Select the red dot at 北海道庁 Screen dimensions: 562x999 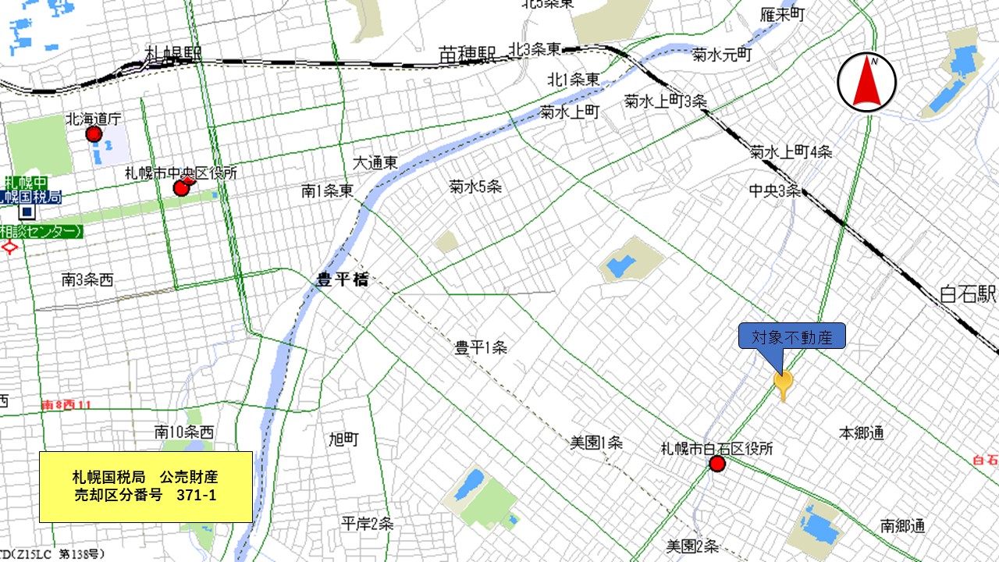click(x=94, y=134)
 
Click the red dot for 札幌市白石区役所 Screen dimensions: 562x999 click(x=717, y=465)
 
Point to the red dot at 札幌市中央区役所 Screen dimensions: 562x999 click(x=181, y=187)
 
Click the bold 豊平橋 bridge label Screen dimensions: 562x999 click(x=342, y=280)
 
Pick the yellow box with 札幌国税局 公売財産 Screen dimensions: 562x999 click(x=146, y=486)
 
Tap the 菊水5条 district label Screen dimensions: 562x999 click(x=475, y=187)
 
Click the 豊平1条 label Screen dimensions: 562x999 click(x=481, y=347)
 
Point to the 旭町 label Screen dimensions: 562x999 click(x=343, y=439)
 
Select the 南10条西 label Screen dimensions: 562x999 click(x=184, y=432)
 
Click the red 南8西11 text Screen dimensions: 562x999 click(x=66, y=405)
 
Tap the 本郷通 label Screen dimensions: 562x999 click(x=862, y=432)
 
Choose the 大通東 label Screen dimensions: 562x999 click(x=375, y=162)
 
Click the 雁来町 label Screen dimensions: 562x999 click(x=783, y=15)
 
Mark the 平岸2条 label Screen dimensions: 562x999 click(x=367, y=524)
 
